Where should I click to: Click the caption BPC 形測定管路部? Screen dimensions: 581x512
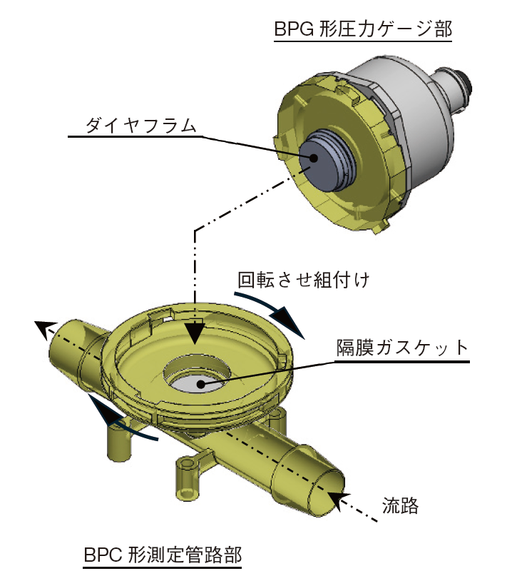point(163,553)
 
